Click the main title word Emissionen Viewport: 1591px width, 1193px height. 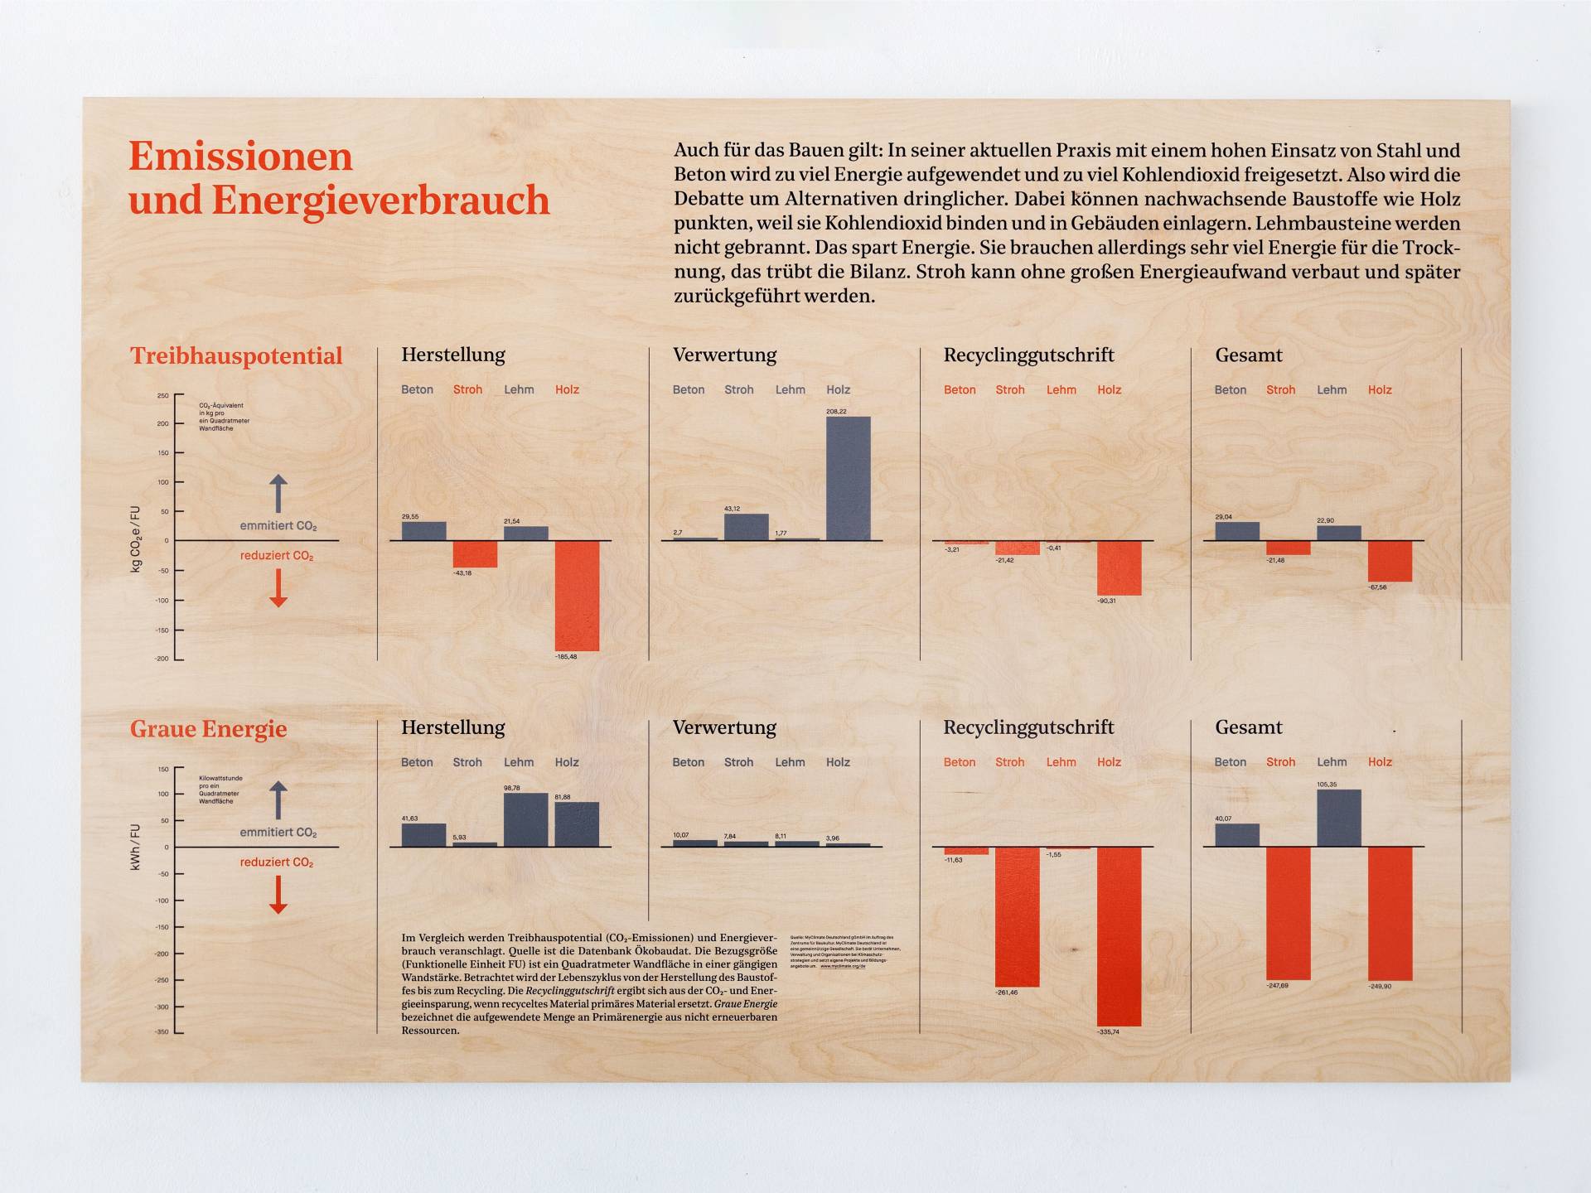240,156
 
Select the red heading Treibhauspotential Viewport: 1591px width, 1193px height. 236,355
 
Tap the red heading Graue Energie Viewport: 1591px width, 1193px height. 208,728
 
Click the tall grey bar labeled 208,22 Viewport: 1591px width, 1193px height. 848,478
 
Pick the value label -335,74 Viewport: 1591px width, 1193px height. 1108,1031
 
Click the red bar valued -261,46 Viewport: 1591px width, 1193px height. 1017,915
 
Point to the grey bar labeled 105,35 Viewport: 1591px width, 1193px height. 1338,818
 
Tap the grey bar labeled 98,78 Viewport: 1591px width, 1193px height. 525,819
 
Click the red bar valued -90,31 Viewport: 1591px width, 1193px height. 1119,568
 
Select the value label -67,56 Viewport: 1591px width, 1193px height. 1377,587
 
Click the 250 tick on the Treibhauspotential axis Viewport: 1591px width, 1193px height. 163,396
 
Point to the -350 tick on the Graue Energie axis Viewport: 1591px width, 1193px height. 162,1032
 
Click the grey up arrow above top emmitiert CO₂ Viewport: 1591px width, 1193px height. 278,493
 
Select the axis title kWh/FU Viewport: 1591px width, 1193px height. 135,847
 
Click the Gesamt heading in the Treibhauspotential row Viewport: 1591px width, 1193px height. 1248,355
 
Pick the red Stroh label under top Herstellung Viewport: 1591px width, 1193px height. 467,389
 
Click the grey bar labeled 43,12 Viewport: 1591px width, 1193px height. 746,527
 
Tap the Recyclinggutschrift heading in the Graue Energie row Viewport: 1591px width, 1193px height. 1028,727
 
